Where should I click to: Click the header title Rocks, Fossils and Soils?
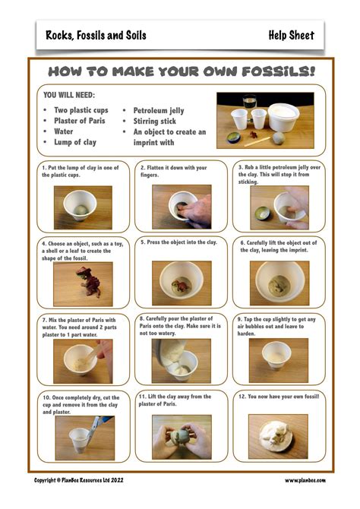[96, 35]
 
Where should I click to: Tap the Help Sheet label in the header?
[292, 35]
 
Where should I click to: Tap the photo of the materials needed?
[265, 120]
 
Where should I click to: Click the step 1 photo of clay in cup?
[83, 207]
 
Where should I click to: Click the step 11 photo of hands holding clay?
[181, 437]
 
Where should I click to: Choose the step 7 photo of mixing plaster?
[83, 361]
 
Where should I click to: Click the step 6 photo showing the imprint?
[279, 283]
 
